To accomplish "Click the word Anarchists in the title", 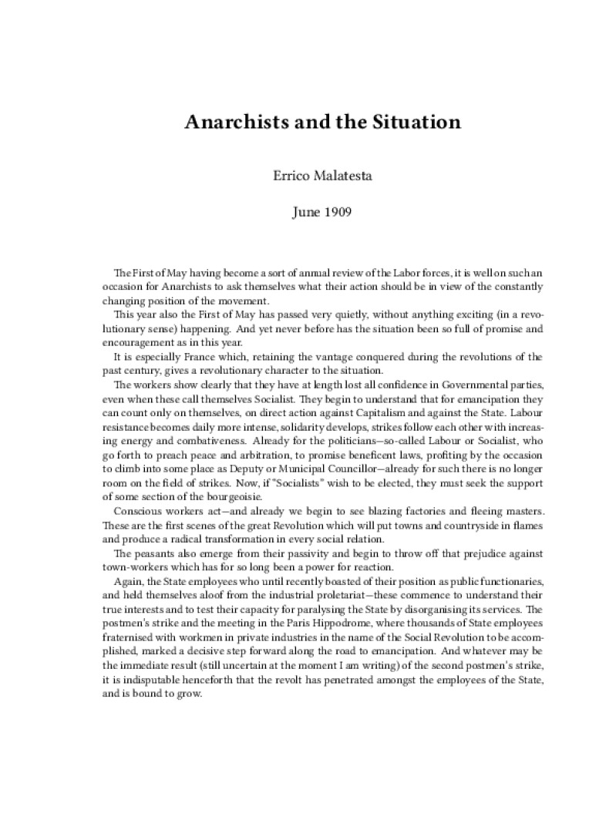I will click(x=230, y=123).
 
